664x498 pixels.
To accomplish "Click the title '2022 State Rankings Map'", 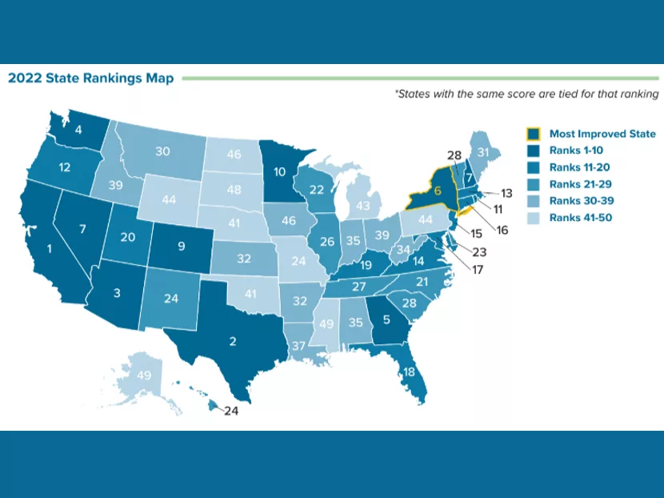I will click(x=90, y=78).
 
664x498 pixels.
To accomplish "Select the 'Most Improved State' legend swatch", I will click(x=533, y=134).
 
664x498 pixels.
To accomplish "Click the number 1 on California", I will click(x=50, y=249).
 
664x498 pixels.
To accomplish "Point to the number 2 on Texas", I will click(x=233, y=342).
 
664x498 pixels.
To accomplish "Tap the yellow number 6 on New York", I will click(x=438, y=191).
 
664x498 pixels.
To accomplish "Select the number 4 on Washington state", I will click(x=78, y=129).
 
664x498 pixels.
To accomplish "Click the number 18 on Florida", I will click(x=410, y=372).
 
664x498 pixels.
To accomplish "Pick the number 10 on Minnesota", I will click(x=280, y=171).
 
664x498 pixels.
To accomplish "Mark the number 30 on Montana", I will click(x=162, y=151).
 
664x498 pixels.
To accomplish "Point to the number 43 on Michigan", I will click(x=364, y=206).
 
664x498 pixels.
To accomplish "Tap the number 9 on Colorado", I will click(x=181, y=246).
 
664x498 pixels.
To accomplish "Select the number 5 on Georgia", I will click(x=386, y=319).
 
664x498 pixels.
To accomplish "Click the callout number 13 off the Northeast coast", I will click(x=506, y=194).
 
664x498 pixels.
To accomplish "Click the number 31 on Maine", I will click(x=484, y=151).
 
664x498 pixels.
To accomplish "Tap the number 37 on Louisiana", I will click(x=298, y=345).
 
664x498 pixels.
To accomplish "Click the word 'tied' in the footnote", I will click(x=558, y=94).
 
